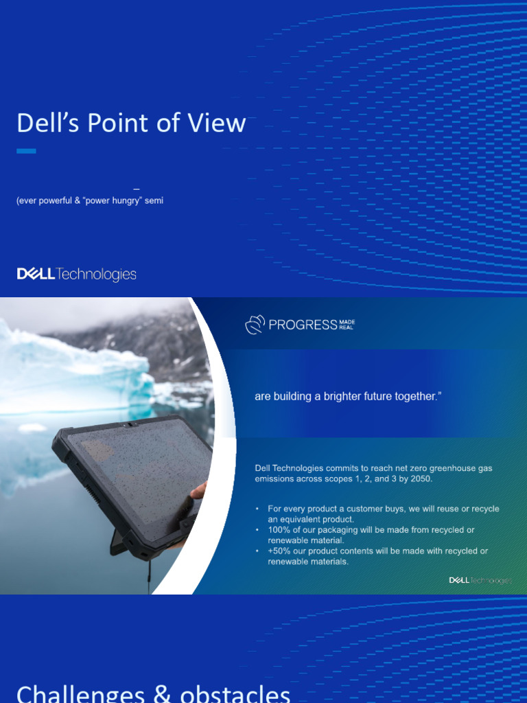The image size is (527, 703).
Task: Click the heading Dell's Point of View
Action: pyautogui.click(x=131, y=124)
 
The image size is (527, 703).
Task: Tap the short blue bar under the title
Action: pyautogui.click(x=26, y=151)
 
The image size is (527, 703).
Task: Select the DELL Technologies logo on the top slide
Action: pyautogui.click(x=76, y=275)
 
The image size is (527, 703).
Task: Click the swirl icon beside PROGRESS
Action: pyautogui.click(x=255, y=325)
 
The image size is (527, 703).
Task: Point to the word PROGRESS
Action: pyautogui.click(x=303, y=325)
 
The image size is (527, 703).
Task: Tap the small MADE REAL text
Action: pyautogui.click(x=347, y=325)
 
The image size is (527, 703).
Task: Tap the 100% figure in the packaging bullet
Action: pyautogui.click(x=280, y=530)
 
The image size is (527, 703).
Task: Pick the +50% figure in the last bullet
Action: pyautogui.click(x=279, y=551)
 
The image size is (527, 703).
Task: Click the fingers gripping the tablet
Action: pyautogui.click(x=198, y=491)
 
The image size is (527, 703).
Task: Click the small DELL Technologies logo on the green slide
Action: pyautogui.click(x=480, y=581)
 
